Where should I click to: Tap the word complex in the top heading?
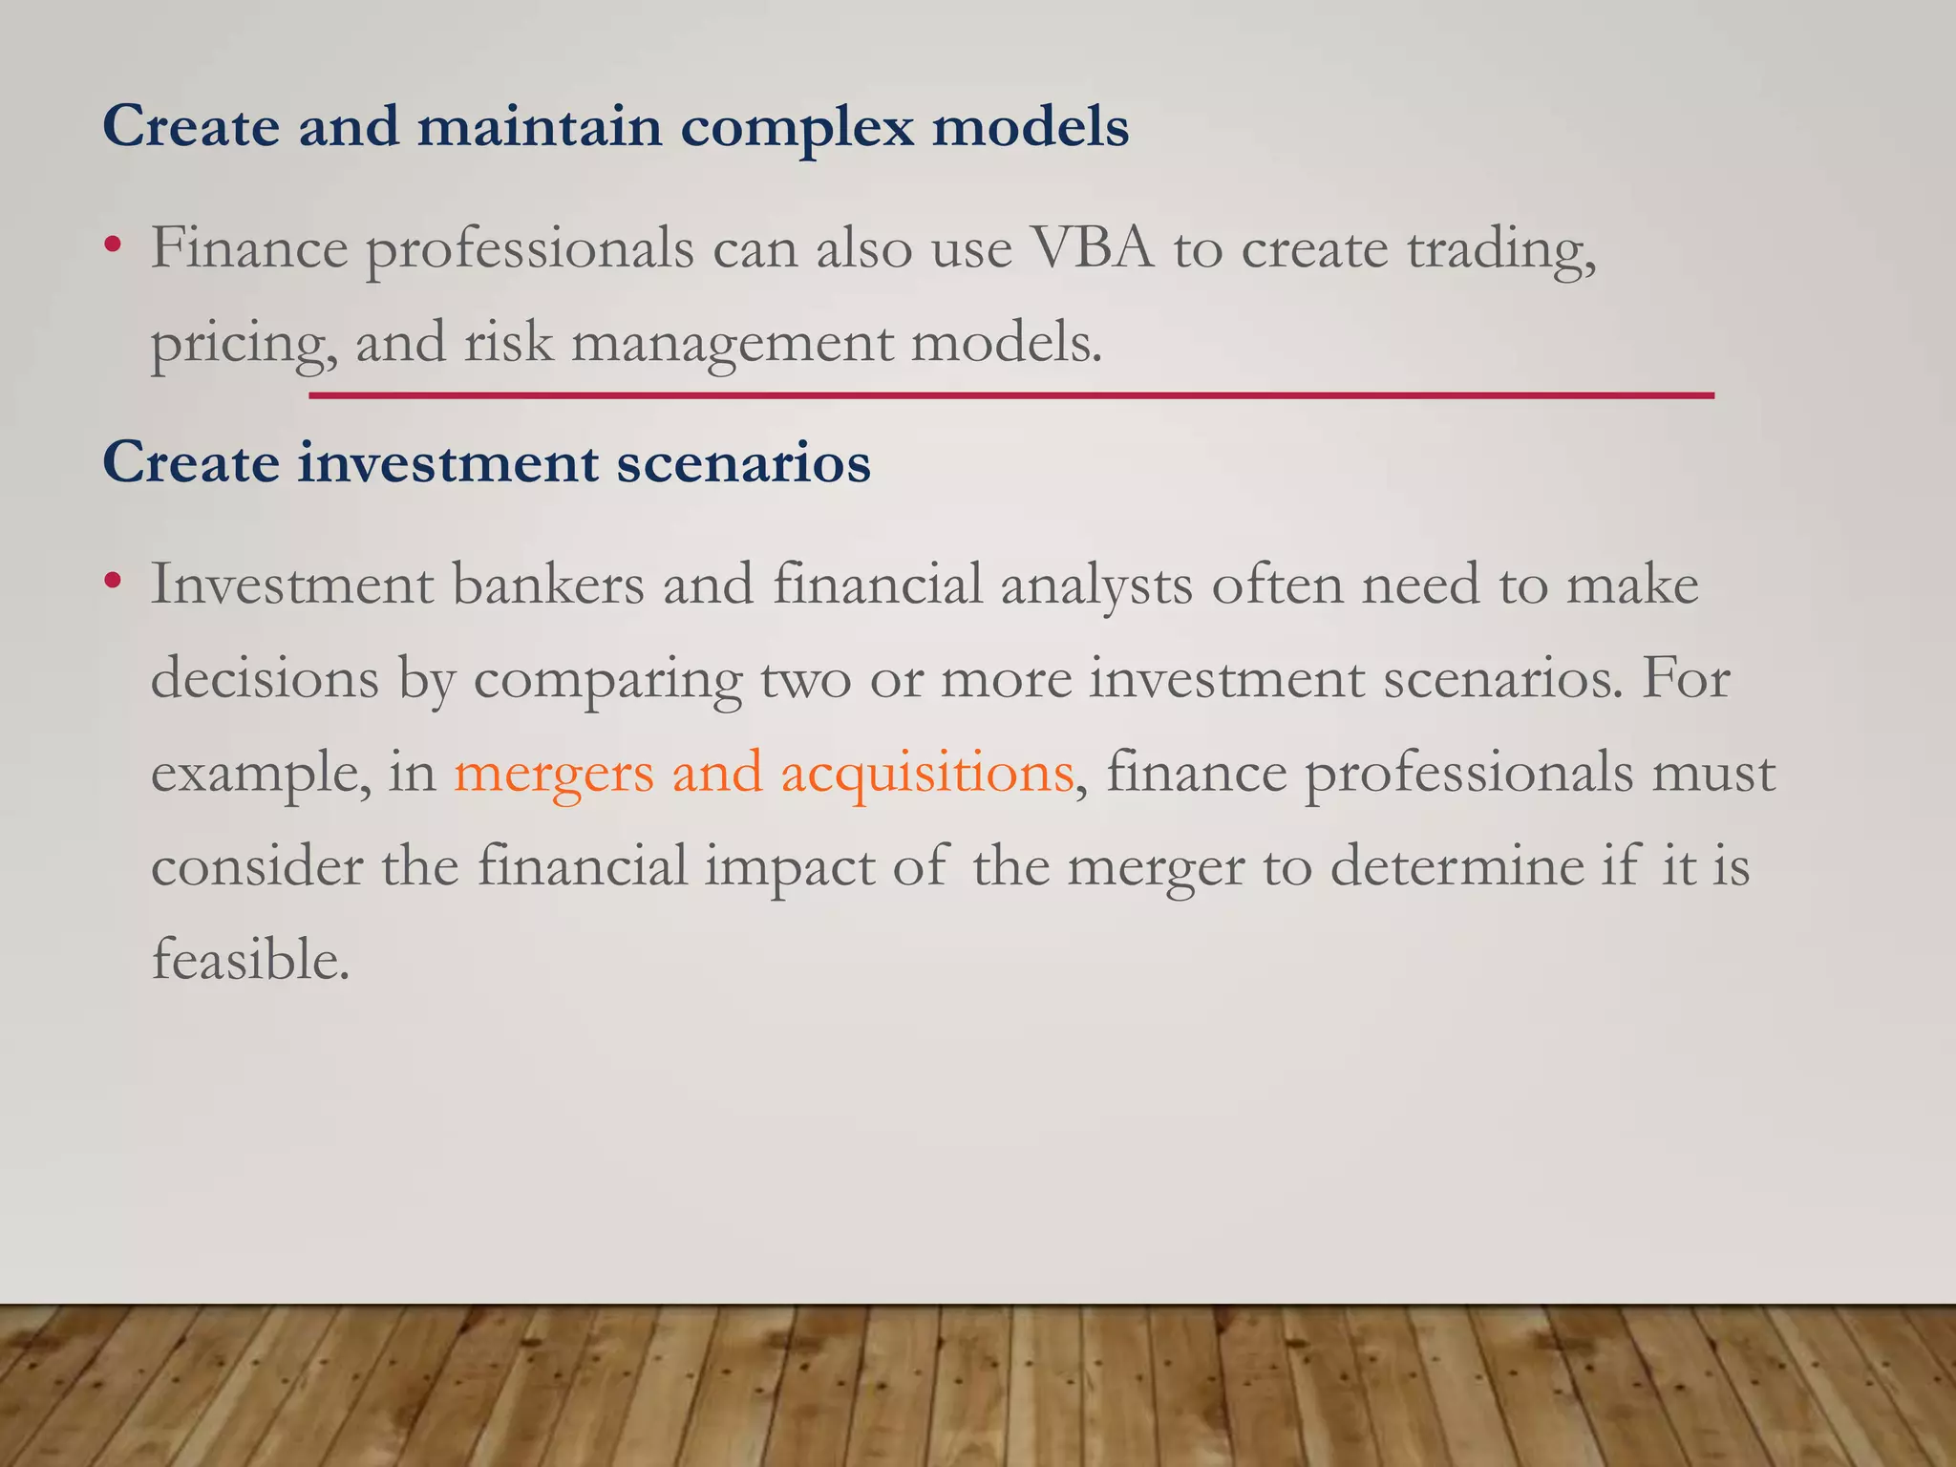pos(797,127)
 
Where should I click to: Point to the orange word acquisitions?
pos(926,774)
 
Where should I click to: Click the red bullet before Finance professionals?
pos(114,245)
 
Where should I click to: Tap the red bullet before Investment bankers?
pos(114,581)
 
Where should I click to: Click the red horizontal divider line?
pos(1010,394)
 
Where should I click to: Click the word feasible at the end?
pos(250,960)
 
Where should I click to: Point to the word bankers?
pos(548,585)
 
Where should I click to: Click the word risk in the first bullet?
pos(508,342)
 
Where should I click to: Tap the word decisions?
pos(265,679)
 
